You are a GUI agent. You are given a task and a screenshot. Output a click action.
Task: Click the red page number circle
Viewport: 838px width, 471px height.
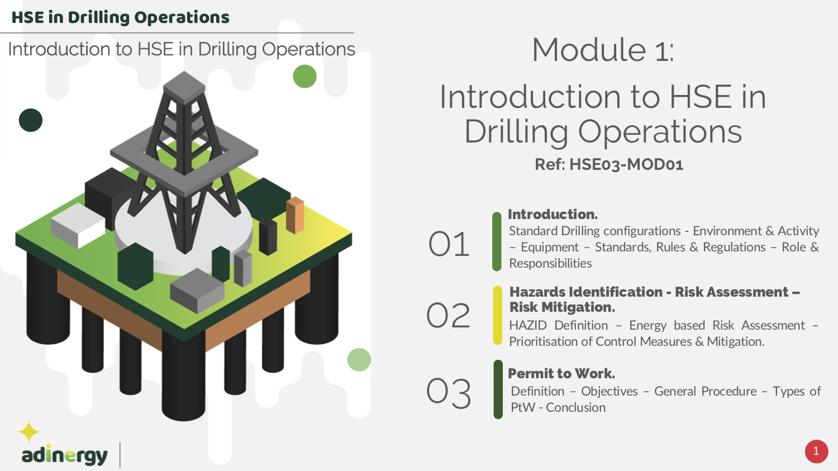(816, 451)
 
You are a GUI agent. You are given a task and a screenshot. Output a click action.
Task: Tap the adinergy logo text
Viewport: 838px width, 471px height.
(64, 455)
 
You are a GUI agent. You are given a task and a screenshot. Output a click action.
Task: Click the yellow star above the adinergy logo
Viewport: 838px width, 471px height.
(29, 432)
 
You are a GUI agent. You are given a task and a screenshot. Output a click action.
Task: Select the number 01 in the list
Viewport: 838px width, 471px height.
(449, 244)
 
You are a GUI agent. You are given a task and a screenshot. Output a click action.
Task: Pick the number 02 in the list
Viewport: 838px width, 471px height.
(448, 316)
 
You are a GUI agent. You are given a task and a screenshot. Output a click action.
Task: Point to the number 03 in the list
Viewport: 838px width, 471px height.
(449, 393)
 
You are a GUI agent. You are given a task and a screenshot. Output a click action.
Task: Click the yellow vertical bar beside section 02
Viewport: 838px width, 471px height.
(498, 315)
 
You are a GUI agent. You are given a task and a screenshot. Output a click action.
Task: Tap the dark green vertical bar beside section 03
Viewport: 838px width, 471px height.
(498, 389)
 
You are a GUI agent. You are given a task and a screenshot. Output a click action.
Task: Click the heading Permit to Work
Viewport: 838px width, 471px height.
(561, 373)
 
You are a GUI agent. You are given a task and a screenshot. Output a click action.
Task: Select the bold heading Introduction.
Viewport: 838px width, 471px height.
(553, 215)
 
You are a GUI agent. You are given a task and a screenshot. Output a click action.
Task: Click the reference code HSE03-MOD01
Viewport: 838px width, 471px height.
(626, 165)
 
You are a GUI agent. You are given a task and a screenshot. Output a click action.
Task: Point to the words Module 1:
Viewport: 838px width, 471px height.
(603, 50)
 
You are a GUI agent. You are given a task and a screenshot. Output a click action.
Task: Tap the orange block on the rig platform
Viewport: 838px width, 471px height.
(295, 216)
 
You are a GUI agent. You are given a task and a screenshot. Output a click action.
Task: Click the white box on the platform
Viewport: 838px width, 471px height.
(78, 226)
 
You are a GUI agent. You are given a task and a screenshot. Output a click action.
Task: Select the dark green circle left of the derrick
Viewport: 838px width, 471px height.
(31, 120)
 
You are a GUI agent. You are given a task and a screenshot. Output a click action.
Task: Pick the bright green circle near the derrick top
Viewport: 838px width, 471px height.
(305, 77)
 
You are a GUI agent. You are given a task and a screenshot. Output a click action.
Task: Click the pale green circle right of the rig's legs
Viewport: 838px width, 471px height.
(359, 359)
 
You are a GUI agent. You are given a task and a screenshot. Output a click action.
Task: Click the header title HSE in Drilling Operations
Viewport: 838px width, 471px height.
(121, 17)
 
